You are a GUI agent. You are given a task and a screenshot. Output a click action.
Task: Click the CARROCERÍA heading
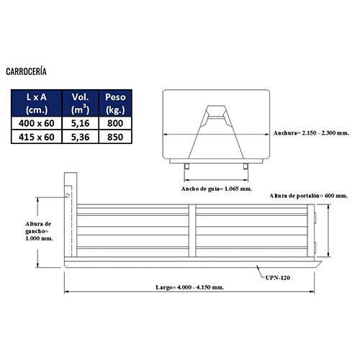pos(26,71)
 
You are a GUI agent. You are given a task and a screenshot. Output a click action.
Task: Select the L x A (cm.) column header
pos(37,104)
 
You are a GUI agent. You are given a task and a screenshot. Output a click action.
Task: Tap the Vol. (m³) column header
pos(80,104)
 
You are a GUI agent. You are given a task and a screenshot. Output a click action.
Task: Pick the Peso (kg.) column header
pos(115,104)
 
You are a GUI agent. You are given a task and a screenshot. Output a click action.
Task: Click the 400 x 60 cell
pos(37,123)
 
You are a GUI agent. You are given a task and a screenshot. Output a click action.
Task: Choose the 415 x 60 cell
pos(37,137)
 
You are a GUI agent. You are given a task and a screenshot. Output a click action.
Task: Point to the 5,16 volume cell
pos(80,123)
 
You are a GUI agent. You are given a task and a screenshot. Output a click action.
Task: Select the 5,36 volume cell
pos(80,137)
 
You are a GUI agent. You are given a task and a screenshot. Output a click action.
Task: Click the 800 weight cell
pos(115,123)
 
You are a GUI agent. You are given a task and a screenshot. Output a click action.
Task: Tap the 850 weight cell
pos(115,137)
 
